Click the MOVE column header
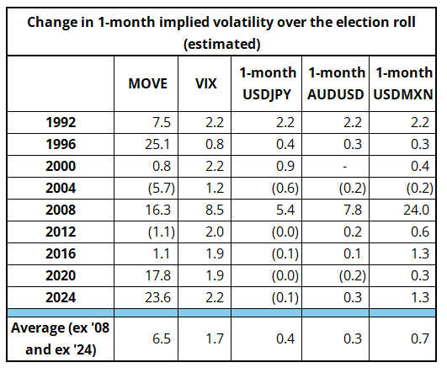(147, 83)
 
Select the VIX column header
(206, 83)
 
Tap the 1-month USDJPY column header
(268, 83)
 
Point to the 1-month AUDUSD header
(336, 83)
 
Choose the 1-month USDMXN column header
(403, 83)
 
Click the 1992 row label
(61, 122)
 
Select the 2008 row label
(61, 210)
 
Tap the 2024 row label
(61, 297)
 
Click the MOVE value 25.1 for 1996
(157, 144)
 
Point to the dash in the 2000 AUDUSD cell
(344, 167)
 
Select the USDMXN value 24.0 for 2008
(416, 210)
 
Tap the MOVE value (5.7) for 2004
(162, 189)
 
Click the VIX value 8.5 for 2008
(215, 210)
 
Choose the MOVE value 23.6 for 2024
(157, 297)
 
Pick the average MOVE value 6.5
(162, 338)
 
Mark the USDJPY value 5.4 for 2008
(285, 210)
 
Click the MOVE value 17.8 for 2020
(157, 275)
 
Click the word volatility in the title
(244, 23)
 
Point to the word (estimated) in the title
(221, 44)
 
